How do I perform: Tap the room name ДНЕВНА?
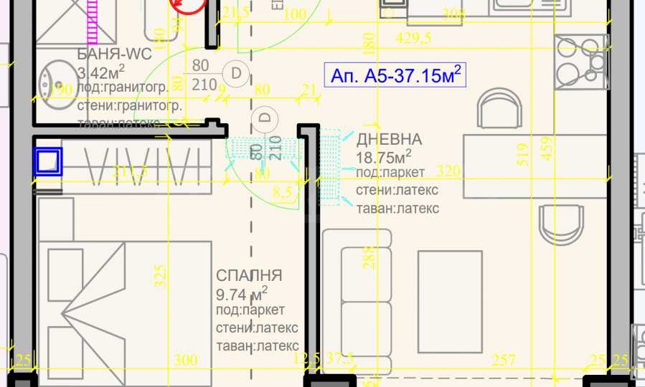click(x=389, y=139)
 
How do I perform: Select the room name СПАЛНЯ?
click(x=249, y=276)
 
